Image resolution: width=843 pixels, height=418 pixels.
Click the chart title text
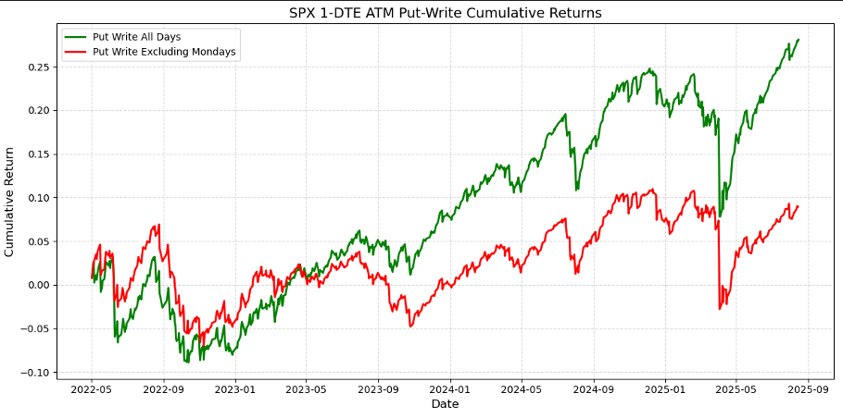pyautogui.click(x=446, y=13)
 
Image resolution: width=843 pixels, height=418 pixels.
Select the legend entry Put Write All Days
pyautogui.click(x=136, y=37)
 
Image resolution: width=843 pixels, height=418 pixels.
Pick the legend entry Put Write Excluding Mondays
pyautogui.click(x=164, y=53)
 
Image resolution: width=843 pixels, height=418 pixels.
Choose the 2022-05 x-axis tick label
pyautogui.click(x=92, y=389)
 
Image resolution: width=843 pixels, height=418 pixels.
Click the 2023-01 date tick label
pyautogui.click(x=235, y=389)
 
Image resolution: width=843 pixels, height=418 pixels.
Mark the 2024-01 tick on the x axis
pyautogui.click(x=451, y=389)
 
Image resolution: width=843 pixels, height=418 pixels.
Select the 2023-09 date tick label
pyautogui.click(x=379, y=389)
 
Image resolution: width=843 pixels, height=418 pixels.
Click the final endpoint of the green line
pyautogui.click(x=799, y=40)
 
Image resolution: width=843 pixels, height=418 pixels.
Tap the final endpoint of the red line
pyautogui.click(x=798, y=206)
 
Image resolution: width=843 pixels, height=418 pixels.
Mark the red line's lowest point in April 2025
pyautogui.click(x=720, y=309)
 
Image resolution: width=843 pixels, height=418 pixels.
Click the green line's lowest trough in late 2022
pyautogui.click(x=187, y=363)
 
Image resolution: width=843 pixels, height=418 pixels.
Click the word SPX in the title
pyautogui.click(x=303, y=13)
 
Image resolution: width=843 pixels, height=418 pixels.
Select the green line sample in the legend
pyautogui.click(x=76, y=37)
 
